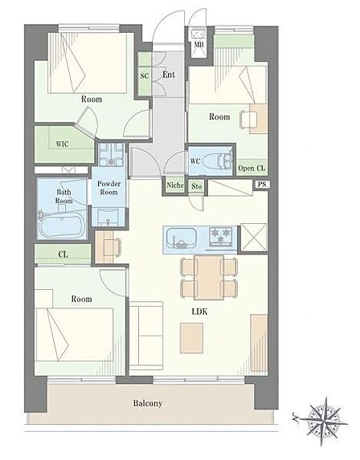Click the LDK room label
(199, 311)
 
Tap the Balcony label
(147, 403)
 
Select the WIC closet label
(62, 144)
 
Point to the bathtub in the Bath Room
(62, 225)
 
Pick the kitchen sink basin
(181, 237)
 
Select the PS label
(262, 184)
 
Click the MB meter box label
(198, 45)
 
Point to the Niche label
(175, 185)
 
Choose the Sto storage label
(196, 186)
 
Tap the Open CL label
(252, 168)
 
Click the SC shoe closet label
(145, 76)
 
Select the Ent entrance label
(169, 75)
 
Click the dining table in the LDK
(209, 277)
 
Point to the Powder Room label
(109, 188)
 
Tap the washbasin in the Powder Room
(108, 217)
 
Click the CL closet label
(63, 254)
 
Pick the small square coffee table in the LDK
(191, 338)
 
